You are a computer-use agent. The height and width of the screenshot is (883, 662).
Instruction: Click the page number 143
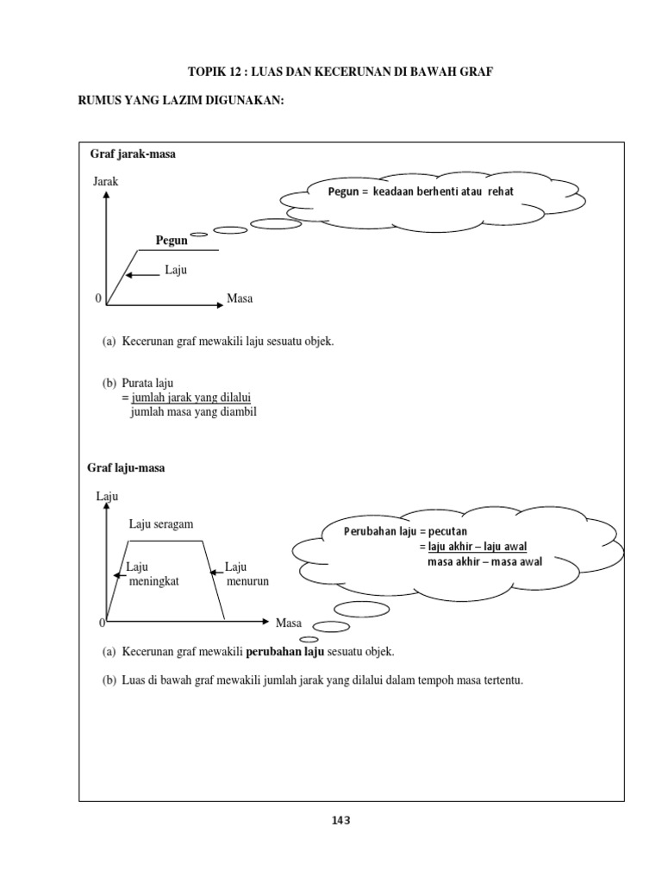[341, 820]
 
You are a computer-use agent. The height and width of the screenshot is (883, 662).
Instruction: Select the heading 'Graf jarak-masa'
[133, 153]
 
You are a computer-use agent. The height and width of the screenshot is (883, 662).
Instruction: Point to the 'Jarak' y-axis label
[104, 182]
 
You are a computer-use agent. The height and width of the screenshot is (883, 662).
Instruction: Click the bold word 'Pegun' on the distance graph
[171, 241]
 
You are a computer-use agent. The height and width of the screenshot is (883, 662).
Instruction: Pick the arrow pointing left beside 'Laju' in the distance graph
[141, 275]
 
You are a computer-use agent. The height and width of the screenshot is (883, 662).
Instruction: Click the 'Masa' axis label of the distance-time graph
[240, 298]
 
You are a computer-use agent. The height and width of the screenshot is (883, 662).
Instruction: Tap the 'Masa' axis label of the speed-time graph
[289, 623]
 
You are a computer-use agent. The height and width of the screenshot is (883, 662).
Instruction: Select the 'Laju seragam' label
[161, 523]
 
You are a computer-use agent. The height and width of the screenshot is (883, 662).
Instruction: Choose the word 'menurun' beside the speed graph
[248, 581]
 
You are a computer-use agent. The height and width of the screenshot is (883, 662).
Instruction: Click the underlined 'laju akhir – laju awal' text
[478, 547]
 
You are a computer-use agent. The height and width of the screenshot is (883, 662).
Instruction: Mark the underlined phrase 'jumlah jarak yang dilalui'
[190, 397]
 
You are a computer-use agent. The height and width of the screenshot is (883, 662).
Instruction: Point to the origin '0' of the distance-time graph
[98, 298]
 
